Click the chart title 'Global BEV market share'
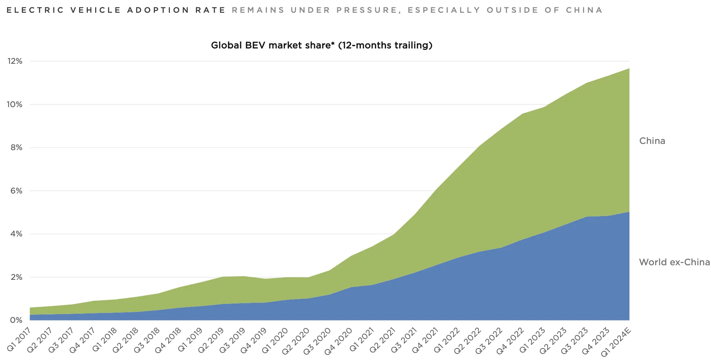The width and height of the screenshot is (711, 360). pyautogui.click(x=321, y=45)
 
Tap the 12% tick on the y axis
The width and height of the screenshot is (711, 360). pyautogui.click(x=15, y=61)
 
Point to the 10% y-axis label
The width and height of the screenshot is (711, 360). pyautogui.click(x=15, y=105)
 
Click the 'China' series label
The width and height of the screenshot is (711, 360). pyautogui.click(x=652, y=141)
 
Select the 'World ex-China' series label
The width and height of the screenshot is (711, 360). pyautogui.click(x=674, y=262)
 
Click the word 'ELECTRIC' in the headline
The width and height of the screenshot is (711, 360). pyautogui.click(x=35, y=10)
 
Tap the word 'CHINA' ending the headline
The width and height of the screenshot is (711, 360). pyautogui.click(x=584, y=10)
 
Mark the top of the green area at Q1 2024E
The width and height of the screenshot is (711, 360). pyautogui.click(x=629, y=69)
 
